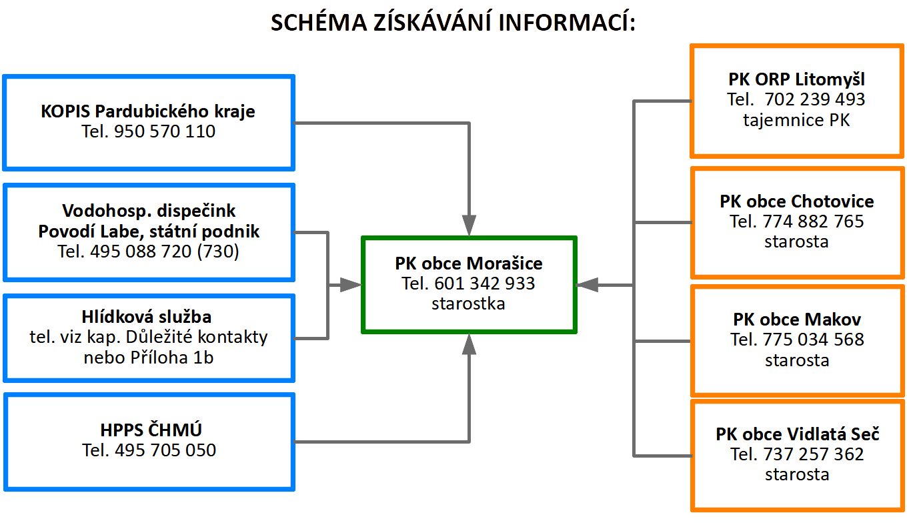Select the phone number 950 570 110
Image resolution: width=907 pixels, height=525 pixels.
(x=165, y=131)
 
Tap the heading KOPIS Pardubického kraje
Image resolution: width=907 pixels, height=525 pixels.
(x=148, y=111)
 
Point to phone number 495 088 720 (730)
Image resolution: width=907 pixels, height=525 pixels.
(x=164, y=251)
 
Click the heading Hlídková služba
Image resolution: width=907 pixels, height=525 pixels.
(x=147, y=317)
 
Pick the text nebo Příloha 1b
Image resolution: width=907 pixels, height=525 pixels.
(x=148, y=358)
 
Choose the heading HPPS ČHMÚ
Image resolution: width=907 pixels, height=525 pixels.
(x=151, y=430)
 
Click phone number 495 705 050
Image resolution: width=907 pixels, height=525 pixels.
(x=165, y=450)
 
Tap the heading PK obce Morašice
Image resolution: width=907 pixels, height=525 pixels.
(x=468, y=264)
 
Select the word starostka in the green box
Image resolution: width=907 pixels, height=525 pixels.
(x=468, y=304)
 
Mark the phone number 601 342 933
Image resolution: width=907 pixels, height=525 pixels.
(x=485, y=284)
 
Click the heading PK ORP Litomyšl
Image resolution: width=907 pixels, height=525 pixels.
(x=796, y=79)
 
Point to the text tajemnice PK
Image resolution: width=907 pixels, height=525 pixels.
(x=796, y=120)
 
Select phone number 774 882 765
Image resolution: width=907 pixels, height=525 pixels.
(x=814, y=221)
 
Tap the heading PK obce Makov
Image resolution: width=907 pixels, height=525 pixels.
(x=797, y=320)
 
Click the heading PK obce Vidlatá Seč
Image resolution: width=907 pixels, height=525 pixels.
(x=797, y=434)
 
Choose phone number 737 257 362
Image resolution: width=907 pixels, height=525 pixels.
(x=814, y=454)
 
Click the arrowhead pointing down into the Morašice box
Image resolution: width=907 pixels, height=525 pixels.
(x=469, y=225)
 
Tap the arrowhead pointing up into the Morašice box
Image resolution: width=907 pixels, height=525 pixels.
(x=469, y=344)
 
